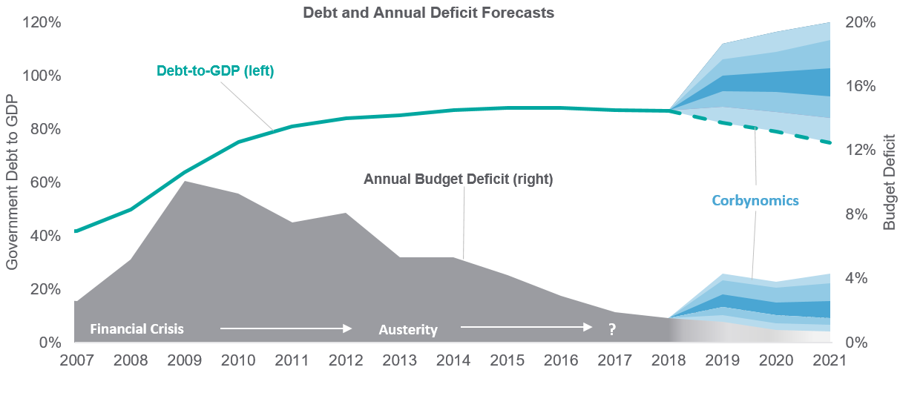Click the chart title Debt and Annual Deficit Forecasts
pos(428,13)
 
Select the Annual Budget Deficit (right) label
pos(459,179)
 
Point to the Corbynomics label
pos(755,200)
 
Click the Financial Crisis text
pos(137,328)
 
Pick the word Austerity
pos(408,329)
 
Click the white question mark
pos(612,329)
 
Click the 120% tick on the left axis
pos(42,22)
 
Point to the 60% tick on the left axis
pos(45,182)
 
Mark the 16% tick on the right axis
pos(861,86)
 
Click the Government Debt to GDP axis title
pos(13,182)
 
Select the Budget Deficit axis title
pos(889,182)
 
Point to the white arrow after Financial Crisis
pos(285,327)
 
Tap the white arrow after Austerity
pos(525,326)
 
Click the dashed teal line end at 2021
pos(829,142)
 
